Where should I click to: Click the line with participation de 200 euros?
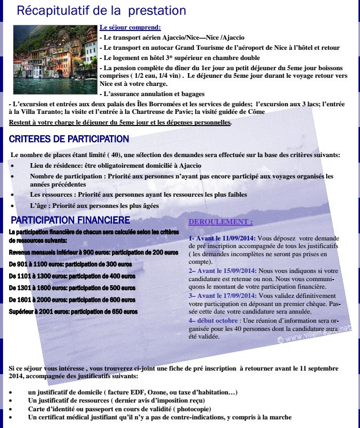click(x=93, y=252)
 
